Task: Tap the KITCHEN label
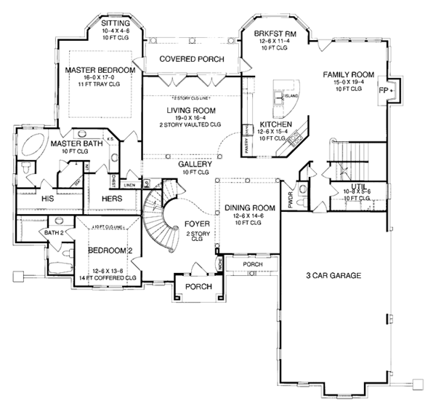click(276, 124)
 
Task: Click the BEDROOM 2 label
click(110, 250)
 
